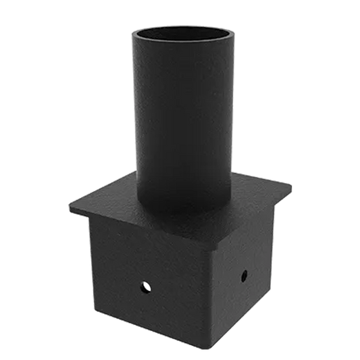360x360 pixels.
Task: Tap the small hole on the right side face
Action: (244, 275)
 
